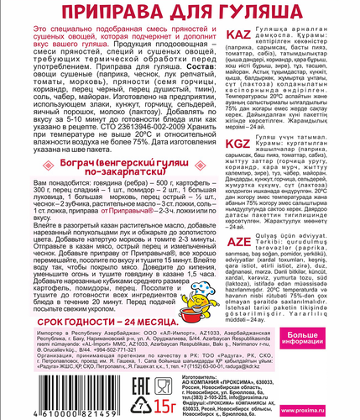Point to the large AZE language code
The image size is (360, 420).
pyautogui.click(x=242, y=237)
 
